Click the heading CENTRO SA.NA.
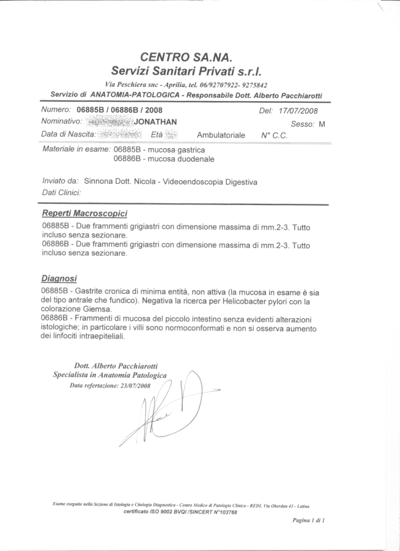pos(186,58)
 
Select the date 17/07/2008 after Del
pos(297,111)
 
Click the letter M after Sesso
pos(322,124)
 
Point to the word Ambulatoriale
pos(221,135)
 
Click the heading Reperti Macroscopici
pos(84,214)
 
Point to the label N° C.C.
pos(274,135)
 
